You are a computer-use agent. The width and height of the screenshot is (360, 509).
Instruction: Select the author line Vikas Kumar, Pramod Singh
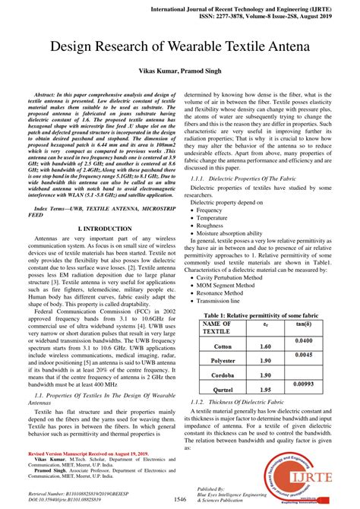[179, 69]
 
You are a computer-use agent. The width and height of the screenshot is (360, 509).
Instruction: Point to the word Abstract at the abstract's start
[51, 87]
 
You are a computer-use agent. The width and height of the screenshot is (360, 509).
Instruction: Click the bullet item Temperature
[216, 217]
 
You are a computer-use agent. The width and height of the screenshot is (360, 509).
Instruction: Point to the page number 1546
[180, 499]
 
